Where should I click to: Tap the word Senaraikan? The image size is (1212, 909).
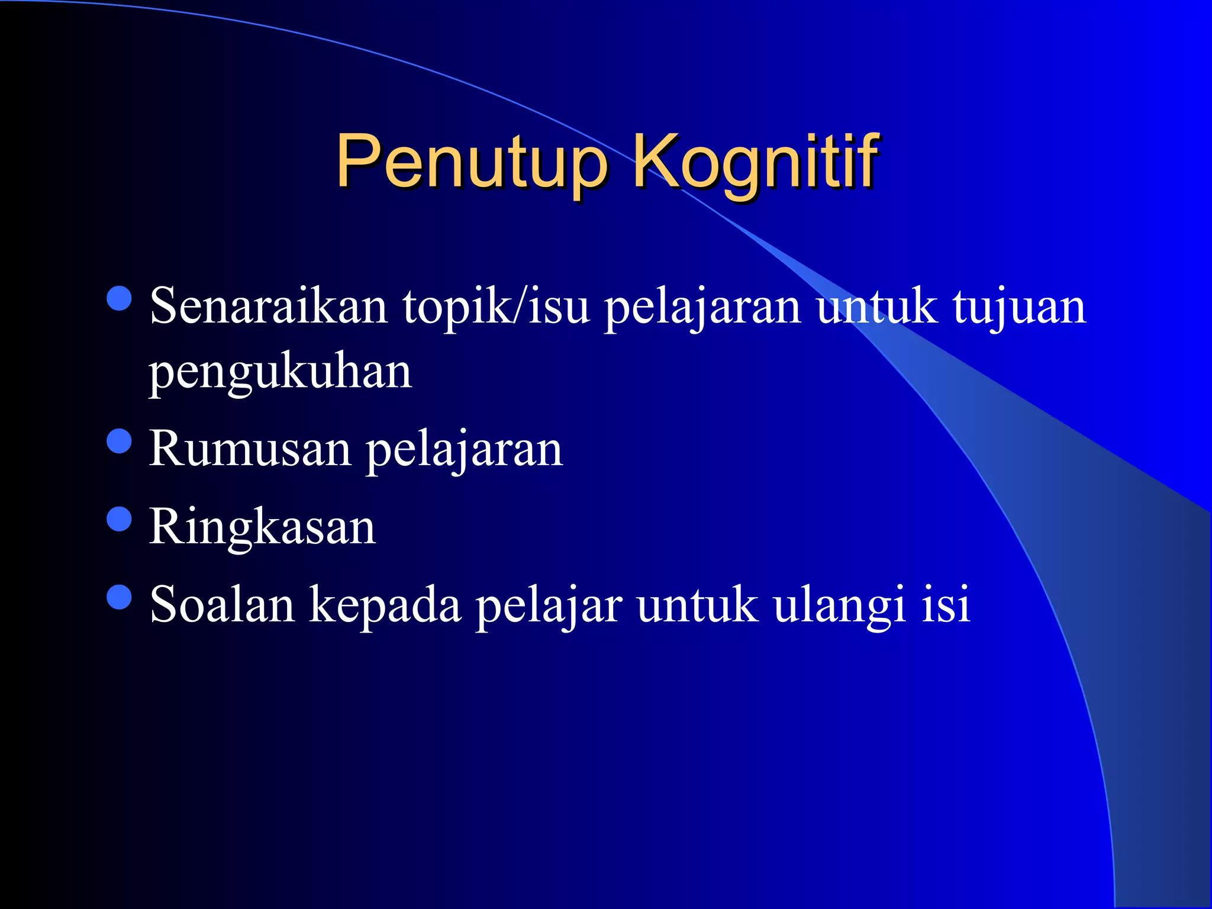[269, 307]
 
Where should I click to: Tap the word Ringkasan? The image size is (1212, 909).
[262, 527]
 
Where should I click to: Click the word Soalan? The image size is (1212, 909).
[222, 605]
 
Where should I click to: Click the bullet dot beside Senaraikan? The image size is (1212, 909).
[120, 299]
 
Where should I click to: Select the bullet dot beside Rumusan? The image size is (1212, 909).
[120, 441]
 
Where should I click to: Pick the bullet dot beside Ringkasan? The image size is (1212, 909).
[120, 519]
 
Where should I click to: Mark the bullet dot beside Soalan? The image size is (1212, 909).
[120, 597]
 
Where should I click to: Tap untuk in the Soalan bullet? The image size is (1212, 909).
[698, 605]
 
